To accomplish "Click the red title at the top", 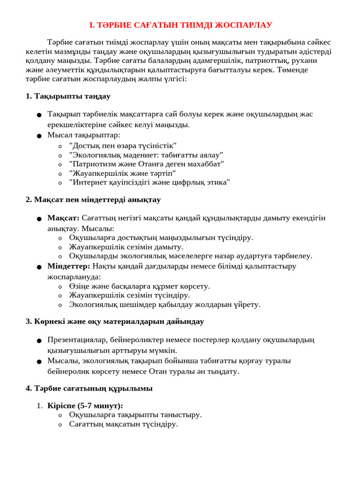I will click(180, 25).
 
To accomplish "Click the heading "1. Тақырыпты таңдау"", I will click(68, 96).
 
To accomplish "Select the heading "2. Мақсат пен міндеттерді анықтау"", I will click(93, 200).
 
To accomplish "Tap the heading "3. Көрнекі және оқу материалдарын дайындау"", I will click(114, 322).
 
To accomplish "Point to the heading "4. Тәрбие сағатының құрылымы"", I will click(89, 389).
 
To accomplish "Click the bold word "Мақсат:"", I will click(63, 218).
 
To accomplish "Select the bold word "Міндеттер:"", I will click(68, 266).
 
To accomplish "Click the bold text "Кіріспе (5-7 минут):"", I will click(85, 406).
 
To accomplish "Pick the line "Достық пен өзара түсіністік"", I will click(123, 146).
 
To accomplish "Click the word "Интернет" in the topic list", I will click(86, 182).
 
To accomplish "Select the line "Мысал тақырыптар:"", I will click(83, 135).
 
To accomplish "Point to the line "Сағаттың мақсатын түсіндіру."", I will click(123, 424).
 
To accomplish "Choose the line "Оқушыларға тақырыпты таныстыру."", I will click(135, 415).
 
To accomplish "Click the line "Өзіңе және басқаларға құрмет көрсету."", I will click(139, 286).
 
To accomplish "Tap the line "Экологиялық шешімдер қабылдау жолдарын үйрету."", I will click(165, 305).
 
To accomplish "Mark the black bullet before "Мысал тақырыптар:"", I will click(39, 136).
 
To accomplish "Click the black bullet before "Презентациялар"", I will click(39, 340).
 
